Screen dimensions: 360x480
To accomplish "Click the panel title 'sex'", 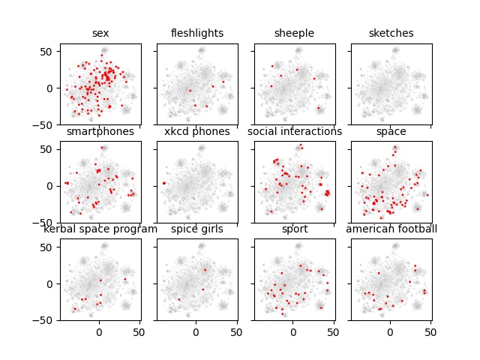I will coord(100,33).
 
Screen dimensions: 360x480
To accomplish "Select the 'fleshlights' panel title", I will coord(196,33).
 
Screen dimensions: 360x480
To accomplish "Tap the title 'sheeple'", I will coord(294,33).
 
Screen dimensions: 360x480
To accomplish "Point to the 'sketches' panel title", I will coord(391,33).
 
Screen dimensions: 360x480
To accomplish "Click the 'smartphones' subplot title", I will coord(100,131).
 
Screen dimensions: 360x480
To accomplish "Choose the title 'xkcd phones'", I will coord(196,131).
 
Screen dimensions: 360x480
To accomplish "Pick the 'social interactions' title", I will coord(294,131).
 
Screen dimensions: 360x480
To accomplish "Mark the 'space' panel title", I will coord(391,131).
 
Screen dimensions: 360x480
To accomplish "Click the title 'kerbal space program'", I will coord(100,229).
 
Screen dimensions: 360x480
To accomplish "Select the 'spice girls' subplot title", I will coord(196,229).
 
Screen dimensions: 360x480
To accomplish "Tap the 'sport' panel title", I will coord(294,229).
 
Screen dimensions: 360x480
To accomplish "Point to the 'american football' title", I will coord(391,229).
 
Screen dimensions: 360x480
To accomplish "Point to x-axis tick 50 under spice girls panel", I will coord(235,331).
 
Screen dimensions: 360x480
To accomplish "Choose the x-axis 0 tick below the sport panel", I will coord(293,331).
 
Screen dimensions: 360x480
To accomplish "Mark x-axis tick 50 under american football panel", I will coord(430,331).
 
